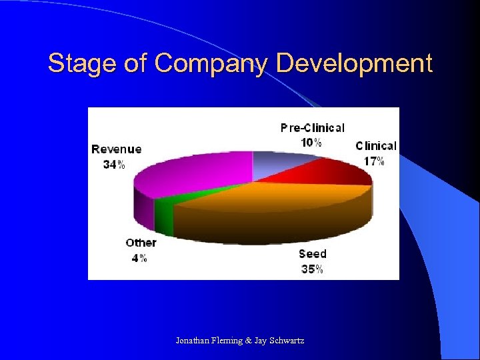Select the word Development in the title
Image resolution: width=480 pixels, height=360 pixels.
tap(354, 64)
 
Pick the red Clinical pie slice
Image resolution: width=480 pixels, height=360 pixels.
tap(333, 170)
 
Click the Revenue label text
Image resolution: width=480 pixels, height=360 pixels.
tap(117, 149)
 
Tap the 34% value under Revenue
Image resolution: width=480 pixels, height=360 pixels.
tap(113, 165)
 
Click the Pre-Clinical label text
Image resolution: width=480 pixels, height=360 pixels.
tap(312, 127)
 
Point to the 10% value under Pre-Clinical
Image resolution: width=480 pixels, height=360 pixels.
tap(311, 142)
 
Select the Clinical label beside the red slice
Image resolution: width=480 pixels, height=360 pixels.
tap(375, 146)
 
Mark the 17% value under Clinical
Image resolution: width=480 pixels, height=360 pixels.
tap(373, 161)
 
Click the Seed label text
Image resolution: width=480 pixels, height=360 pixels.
tap(312, 254)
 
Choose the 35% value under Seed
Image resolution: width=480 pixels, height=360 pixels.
tap(312, 269)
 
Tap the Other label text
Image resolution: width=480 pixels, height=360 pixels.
tap(141, 243)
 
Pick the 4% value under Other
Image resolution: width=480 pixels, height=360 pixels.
tap(139, 258)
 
